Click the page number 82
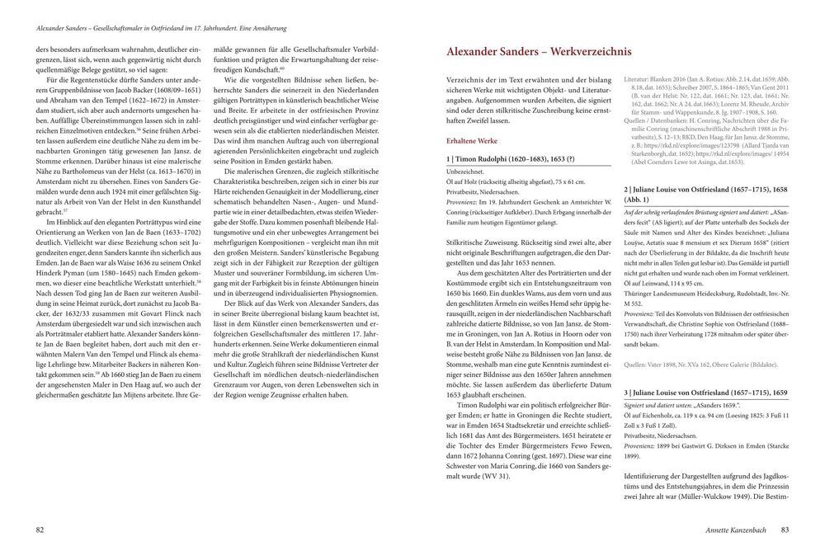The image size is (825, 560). click(x=39, y=529)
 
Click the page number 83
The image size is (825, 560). click(x=785, y=529)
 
